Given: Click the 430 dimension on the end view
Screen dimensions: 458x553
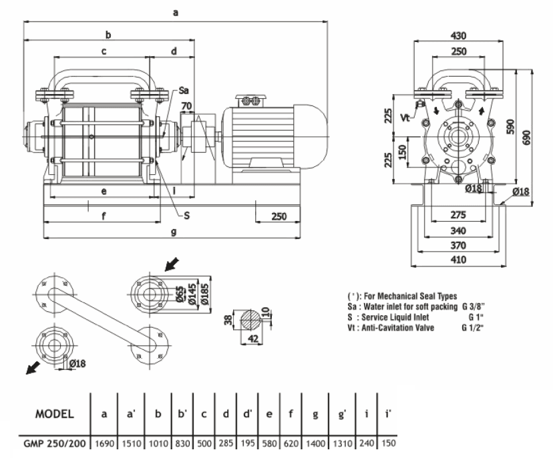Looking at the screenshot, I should [x=459, y=35].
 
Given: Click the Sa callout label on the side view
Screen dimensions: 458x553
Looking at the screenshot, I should [x=184, y=91].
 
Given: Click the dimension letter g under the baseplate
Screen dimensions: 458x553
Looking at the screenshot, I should [x=174, y=232].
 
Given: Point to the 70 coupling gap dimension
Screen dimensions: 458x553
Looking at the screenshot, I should [x=186, y=105].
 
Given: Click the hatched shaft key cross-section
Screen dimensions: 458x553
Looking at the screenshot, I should [x=250, y=318].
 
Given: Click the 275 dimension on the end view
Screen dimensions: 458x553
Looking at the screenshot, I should [x=458, y=216].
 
